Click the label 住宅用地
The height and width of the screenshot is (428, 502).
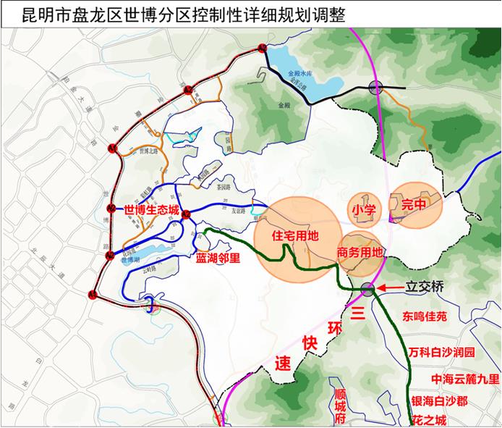point(295,237)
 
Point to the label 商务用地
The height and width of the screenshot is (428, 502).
point(360,253)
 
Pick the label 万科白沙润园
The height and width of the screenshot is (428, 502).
point(441,353)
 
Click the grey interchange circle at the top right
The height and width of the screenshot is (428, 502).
point(375,88)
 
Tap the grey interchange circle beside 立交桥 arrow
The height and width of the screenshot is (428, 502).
point(368,289)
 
